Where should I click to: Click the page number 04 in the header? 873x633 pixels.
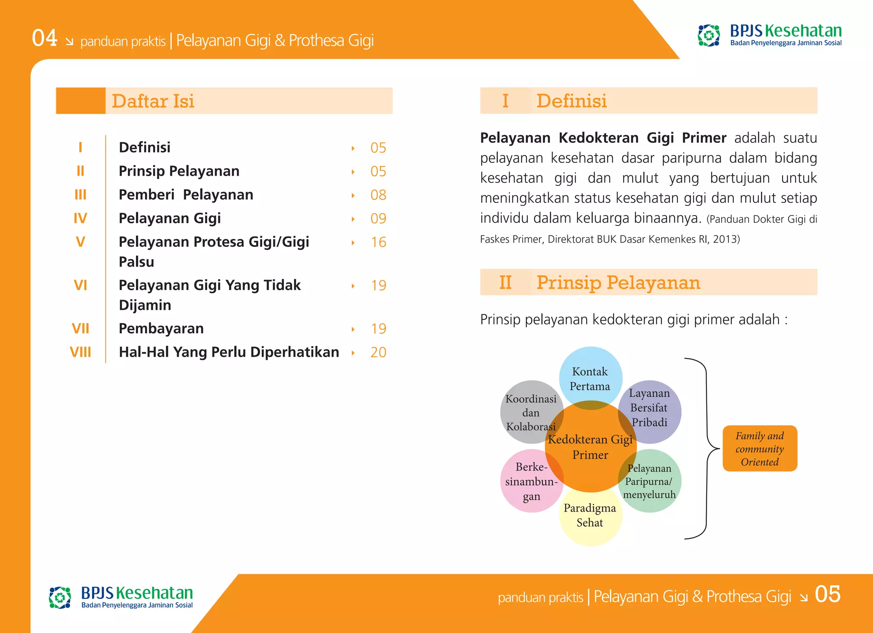click(44, 38)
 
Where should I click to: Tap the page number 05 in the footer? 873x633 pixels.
click(827, 594)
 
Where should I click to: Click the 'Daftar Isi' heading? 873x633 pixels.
click(153, 101)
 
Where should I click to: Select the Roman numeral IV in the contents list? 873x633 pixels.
click(80, 218)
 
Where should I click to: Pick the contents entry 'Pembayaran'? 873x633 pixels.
click(161, 328)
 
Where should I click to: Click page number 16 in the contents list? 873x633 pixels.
click(378, 242)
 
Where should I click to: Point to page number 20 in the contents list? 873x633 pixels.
click(378, 352)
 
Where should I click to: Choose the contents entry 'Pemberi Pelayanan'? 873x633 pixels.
click(186, 194)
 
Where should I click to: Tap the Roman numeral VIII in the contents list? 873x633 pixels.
click(80, 352)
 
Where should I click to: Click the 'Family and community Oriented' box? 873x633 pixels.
click(760, 448)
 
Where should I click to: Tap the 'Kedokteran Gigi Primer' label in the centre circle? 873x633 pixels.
click(590, 447)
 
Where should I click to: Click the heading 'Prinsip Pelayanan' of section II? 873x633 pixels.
click(618, 283)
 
